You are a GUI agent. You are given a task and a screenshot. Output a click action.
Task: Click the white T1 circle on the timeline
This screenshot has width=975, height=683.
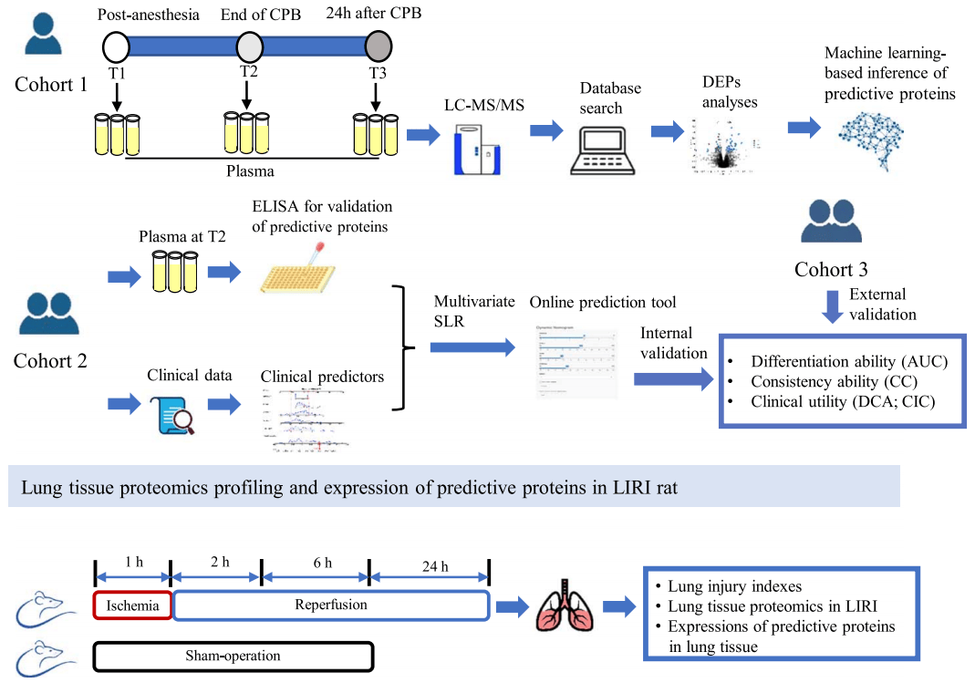(x=117, y=45)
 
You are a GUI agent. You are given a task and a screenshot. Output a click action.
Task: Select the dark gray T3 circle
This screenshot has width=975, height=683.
(x=379, y=45)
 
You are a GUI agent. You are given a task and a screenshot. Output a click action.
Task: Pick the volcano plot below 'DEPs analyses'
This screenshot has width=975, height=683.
(x=724, y=146)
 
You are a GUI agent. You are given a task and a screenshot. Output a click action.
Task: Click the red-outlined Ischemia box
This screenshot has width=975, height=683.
(x=133, y=605)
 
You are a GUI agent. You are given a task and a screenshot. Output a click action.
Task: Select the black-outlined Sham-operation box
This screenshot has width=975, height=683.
(x=233, y=656)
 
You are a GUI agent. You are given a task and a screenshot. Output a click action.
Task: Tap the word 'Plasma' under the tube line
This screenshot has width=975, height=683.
(x=249, y=170)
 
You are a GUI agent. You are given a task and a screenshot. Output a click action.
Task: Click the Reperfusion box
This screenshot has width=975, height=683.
(x=331, y=605)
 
